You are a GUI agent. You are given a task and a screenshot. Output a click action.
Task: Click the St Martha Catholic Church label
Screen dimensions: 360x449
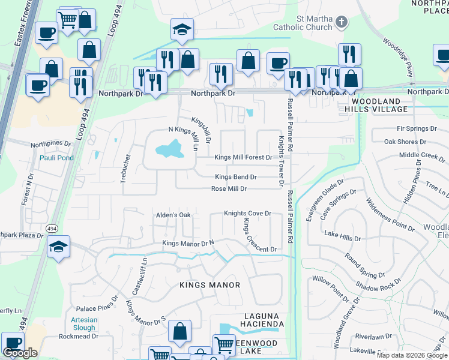tap(302, 23)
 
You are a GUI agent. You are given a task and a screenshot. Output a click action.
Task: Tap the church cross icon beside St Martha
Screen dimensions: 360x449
tap(341, 23)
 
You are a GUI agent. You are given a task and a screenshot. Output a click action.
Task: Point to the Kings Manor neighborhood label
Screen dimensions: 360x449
tap(209, 285)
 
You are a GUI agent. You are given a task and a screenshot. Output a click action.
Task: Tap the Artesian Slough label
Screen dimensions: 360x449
tap(84, 323)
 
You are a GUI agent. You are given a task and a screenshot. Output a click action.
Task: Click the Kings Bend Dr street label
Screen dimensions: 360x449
tap(236, 177)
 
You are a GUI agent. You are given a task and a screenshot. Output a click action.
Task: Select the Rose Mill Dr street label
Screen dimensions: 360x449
tap(229, 188)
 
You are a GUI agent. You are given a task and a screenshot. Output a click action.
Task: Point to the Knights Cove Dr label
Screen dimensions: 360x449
tap(248, 213)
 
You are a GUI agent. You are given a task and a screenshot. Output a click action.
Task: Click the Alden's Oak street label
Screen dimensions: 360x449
tap(173, 215)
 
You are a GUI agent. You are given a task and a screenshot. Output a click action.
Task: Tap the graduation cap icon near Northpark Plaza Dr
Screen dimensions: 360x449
tap(58, 247)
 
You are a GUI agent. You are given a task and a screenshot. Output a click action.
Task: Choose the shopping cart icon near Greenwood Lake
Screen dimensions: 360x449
tap(223, 344)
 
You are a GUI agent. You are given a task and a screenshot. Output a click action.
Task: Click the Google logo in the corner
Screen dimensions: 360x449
tap(20, 353)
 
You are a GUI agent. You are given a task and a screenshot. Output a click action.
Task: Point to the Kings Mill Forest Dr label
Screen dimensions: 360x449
tap(243, 157)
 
